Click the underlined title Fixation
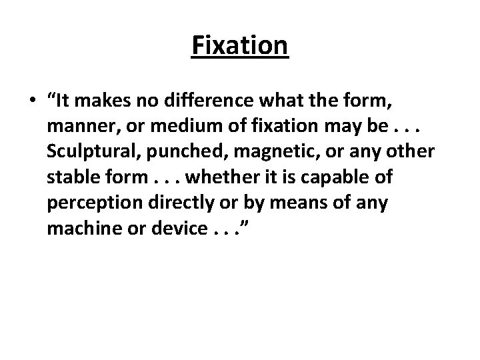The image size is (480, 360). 240,46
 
